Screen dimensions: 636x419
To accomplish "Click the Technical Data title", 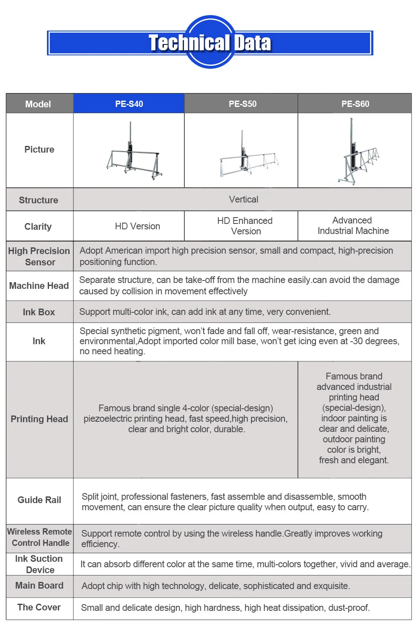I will (210, 43).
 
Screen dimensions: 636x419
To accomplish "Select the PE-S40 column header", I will (129, 104).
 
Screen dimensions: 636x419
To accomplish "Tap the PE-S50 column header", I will (243, 104).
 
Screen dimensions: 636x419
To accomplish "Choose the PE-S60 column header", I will (355, 104).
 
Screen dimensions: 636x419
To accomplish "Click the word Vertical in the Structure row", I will (243, 200).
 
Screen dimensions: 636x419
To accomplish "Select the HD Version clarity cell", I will (137, 226).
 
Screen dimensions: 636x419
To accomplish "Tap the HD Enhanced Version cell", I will (245, 226).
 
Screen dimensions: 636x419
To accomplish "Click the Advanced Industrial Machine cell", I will (353, 226).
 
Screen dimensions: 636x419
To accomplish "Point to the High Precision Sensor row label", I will (39, 257).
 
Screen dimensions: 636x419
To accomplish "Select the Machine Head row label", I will (39, 286).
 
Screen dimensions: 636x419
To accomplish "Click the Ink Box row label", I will (39, 312).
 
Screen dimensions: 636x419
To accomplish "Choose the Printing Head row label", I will (39, 419).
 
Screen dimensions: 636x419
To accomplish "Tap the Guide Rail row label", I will (39, 500).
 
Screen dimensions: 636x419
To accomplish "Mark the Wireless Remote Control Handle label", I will (40, 537).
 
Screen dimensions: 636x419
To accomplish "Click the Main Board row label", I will (39, 586).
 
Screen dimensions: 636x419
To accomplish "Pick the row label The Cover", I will (39, 607).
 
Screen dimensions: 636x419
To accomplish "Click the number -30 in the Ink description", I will (357, 341).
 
